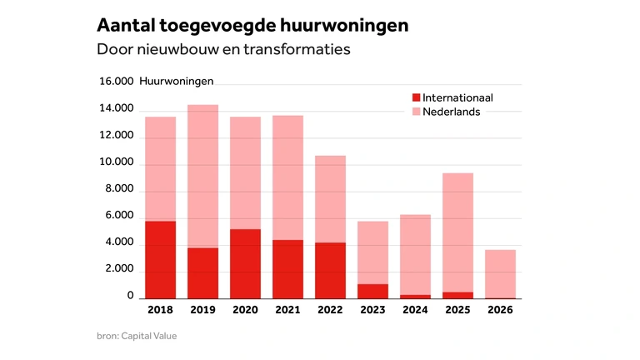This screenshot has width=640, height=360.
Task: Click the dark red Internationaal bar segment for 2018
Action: pyautogui.click(x=160, y=260)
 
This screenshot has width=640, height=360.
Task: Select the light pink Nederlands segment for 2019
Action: pyautogui.click(x=202, y=177)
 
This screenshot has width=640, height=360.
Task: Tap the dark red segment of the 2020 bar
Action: pyautogui.click(x=245, y=263)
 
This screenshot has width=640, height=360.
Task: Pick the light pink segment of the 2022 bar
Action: pyautogui.click(x=330, y=199)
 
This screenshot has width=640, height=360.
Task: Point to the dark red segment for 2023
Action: pyautogui.click(x=372, y=292)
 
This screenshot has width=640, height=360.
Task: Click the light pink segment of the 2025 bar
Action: pyautogui.click(x=458, y=232)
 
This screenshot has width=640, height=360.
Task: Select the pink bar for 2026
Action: pyautogui.click(x=500, y=274)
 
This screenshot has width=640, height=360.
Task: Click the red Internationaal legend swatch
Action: pyautogui.click(x=417, y=97)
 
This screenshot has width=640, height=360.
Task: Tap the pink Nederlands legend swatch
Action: pyautogui.click(x=417, y=112)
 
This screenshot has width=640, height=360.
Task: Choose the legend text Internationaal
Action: pyautogui.click(x=457, y=97)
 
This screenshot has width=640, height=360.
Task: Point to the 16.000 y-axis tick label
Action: pyautogui.click(x=117, y=81)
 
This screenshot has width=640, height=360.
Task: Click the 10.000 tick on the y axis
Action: pyautogui.click(x=117, y=162)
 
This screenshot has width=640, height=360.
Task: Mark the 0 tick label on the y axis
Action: pyautogui.click(x=130, y=295)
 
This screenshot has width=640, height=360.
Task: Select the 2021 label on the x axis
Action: pyautogui.click(x=287, y=310)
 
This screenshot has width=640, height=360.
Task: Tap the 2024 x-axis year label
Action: pyautogui.click(x=415, y=310)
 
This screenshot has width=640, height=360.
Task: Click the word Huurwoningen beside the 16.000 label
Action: pyautogui.click(x=177, y=81)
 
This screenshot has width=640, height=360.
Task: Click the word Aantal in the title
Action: pyautogui.click(x=126, y=25)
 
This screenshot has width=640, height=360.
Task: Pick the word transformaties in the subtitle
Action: pyautogui.click(x=297, y=49)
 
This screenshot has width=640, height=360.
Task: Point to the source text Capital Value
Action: pyautogui.click(x=149, y=336)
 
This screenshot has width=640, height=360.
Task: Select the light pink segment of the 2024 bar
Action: pyautogui.click(x=416, y=255)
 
